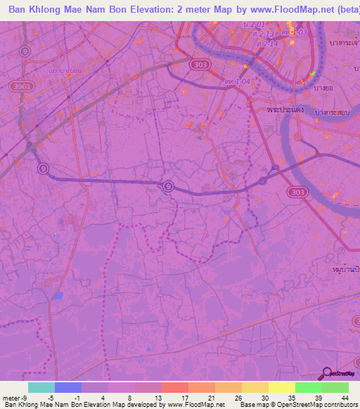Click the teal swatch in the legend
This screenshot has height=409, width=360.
point(41,387)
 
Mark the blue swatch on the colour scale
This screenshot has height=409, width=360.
point(68,387)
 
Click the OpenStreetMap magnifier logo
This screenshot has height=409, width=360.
point(325,374)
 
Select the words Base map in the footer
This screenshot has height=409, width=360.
point(253,405)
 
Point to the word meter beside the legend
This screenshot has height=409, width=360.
point(11,397)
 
